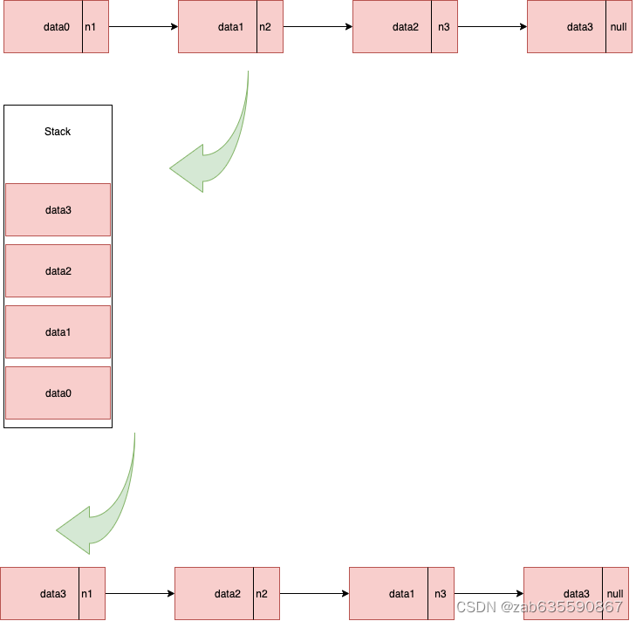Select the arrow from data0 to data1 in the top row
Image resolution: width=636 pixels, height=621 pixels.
tap(143, 27)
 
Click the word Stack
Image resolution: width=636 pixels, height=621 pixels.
tap(58, 132)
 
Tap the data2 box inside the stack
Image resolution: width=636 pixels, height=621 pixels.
tap(58, 271)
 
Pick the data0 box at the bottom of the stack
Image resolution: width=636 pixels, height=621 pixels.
tap(58, 393)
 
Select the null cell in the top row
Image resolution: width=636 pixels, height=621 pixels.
tap(619, 27)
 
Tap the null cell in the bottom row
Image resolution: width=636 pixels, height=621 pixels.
tap(615, 594)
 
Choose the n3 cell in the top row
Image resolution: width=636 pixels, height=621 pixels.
tap(444, 27)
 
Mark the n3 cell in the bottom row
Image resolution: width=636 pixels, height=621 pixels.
tap(441, 594)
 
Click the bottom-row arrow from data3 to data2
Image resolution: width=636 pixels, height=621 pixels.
tap(140, 594)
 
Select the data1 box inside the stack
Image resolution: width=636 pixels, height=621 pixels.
tap(58, 332)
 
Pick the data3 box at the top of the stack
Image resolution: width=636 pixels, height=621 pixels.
tap(58, 210)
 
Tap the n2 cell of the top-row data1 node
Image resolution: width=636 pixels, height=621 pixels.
tap(270, 27)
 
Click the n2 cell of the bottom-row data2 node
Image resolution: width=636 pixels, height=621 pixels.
tap(266, 594)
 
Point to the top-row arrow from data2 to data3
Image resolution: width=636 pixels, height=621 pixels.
tap(492, 27)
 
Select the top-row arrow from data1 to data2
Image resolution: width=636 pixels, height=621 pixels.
tap(318, 27)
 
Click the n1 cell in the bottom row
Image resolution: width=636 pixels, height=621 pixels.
tap(92, 594)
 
